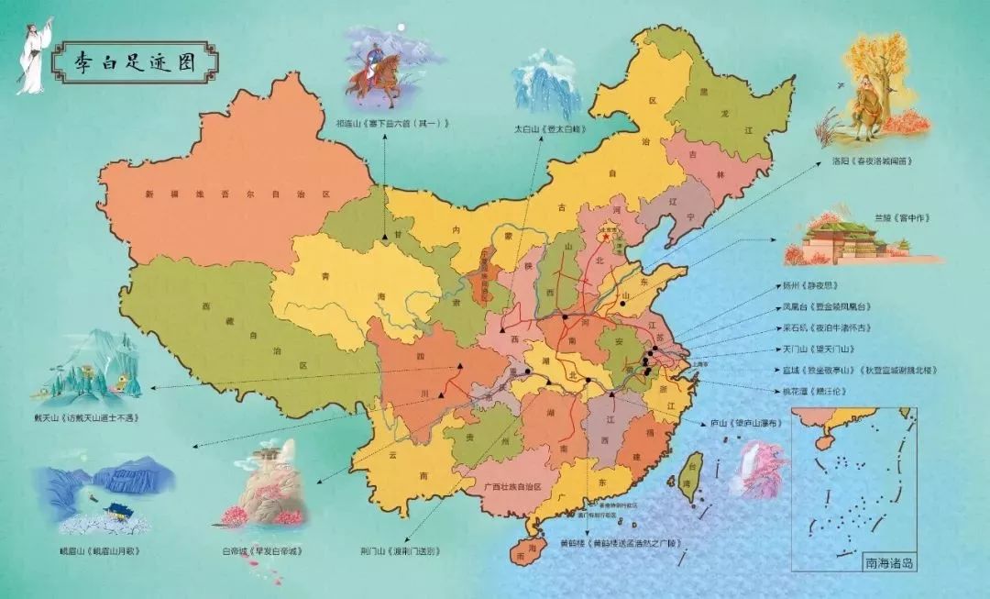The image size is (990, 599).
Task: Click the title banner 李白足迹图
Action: coord(135,61)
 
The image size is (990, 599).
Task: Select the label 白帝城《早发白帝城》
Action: coord(261,551)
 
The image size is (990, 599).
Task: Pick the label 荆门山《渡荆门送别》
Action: coord(400,551)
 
